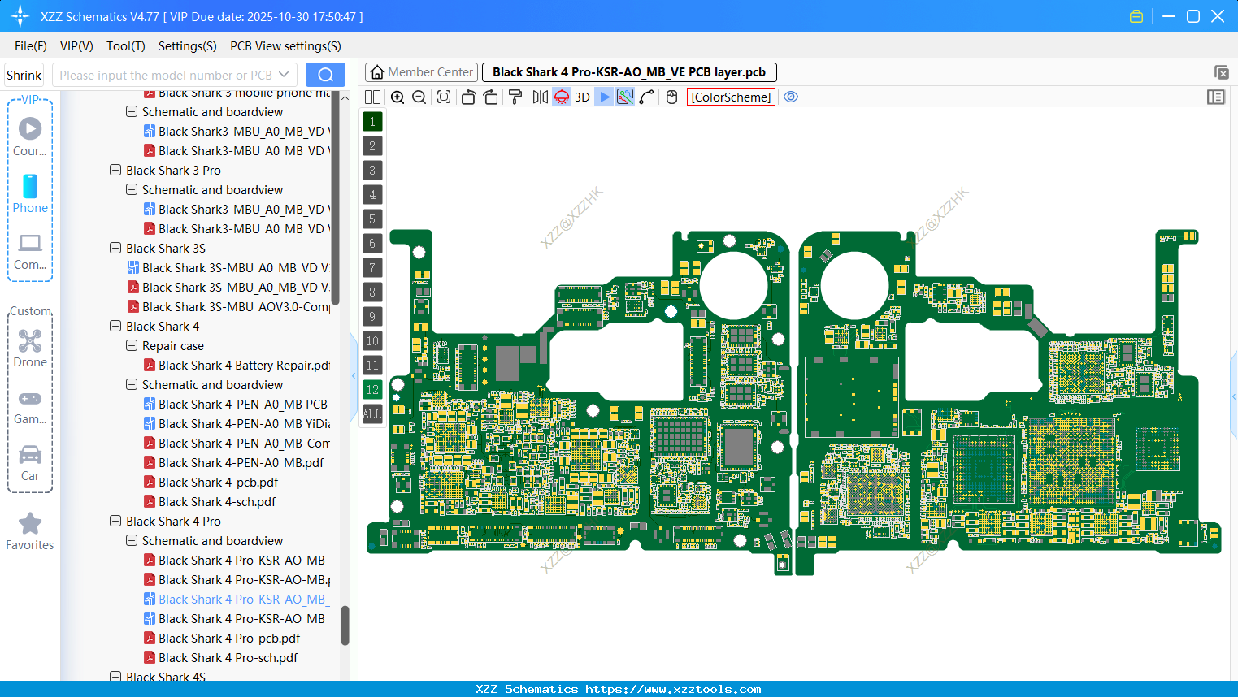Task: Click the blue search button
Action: (325, 75)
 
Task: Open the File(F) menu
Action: (31, 46)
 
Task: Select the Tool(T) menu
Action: (125, 46)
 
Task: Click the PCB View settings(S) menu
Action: (285, 46)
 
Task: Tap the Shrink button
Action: (24, 75)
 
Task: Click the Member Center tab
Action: (422, 72)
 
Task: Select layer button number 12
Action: (372, 390)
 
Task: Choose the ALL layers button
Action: (372, 414)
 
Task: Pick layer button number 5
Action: (372, 219)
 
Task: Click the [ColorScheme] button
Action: (731, 97)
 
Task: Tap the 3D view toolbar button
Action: (582, 97)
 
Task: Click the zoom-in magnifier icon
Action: (397, 97)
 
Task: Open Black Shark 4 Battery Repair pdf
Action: (243, 366)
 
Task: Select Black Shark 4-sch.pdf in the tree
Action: (216, 502)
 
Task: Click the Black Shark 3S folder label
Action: (165, 249)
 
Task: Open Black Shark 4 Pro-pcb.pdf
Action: (228, 639)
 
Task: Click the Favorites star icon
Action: (30, 524)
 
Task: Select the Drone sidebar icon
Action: (30, 341)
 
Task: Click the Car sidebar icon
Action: (30, 455)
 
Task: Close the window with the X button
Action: (1218, 16)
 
